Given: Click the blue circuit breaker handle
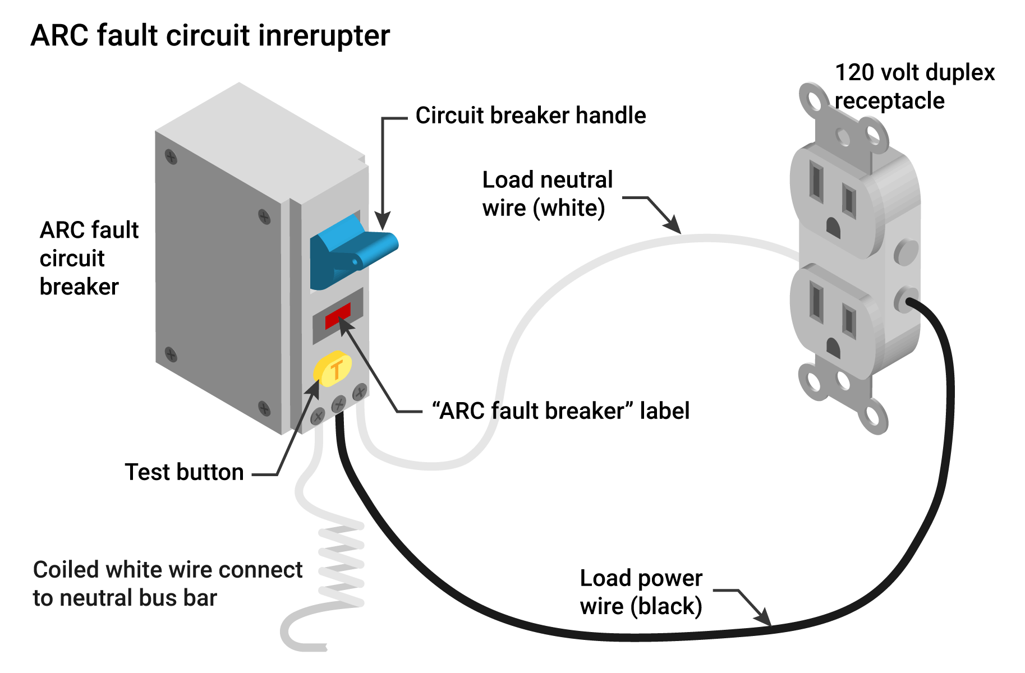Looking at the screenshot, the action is (351, 252).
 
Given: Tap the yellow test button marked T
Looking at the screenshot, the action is (333, 368).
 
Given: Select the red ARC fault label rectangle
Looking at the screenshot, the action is (338, 316).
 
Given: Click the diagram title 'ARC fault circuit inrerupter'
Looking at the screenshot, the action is (210, 36).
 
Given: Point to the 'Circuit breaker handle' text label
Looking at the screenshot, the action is (531, 116).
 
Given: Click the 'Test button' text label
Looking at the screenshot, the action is (184, 472).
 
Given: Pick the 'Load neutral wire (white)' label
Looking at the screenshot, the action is (548, 194).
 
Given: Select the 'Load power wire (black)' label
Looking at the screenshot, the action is (641, 592).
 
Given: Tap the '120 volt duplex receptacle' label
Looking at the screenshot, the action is (914, 86).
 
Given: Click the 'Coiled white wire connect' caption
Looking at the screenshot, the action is (168, 570).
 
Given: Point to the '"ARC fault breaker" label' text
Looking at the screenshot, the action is (560, 411).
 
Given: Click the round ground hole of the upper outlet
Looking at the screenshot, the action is (833, 228).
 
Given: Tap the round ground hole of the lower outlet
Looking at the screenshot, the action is (833, 348).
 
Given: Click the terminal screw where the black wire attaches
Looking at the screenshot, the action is (339, 403).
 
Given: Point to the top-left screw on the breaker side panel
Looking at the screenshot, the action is (171, 156).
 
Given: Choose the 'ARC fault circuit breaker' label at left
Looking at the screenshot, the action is (89, 259).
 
